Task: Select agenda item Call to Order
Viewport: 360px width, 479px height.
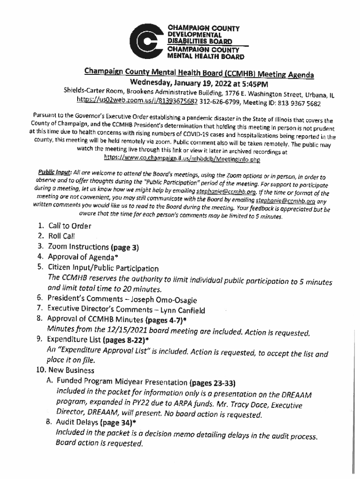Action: click(x=70, y=226)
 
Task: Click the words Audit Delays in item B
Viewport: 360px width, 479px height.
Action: click(x=74, y=425)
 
